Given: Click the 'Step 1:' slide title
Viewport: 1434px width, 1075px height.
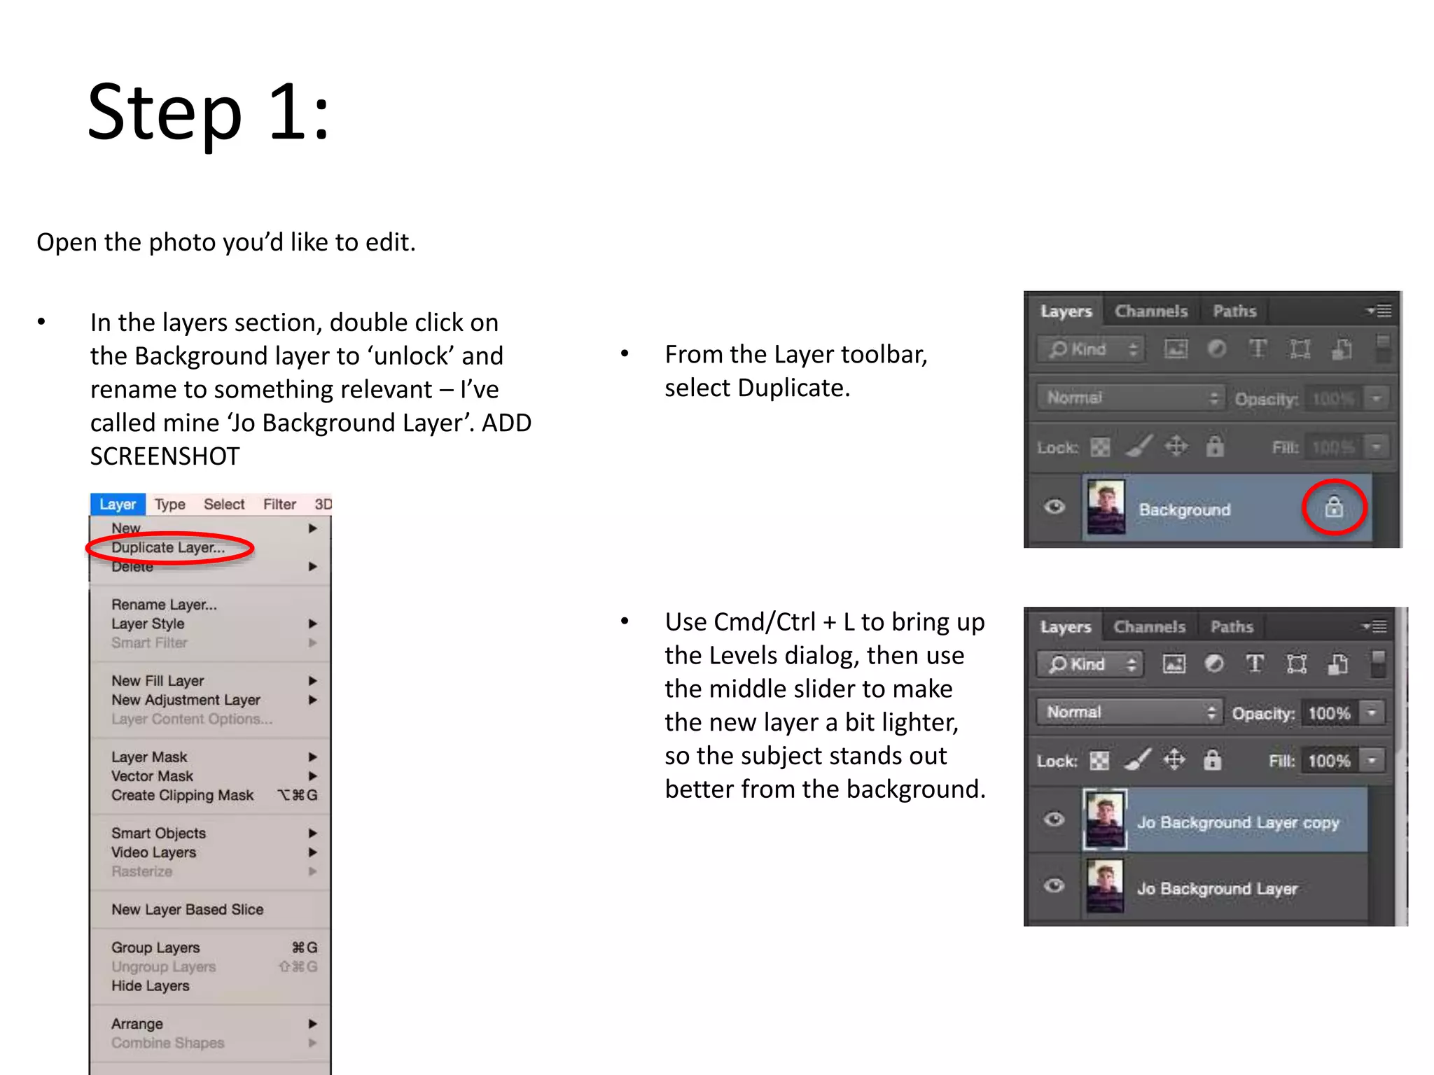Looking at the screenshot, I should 209,113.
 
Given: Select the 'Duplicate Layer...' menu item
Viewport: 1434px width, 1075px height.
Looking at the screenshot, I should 168,548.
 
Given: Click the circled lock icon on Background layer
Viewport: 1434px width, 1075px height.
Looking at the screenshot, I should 1334,507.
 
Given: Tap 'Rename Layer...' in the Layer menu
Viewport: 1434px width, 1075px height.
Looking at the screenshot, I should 164,605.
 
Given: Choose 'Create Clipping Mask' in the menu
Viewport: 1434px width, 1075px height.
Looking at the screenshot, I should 182,796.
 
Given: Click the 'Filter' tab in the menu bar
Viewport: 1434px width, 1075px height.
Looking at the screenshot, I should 279,505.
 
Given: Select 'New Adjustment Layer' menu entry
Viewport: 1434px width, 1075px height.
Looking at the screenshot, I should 186,700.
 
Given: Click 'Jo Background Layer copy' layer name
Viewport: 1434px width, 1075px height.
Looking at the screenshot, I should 1237,822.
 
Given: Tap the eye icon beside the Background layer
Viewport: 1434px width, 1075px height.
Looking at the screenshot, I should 1054,507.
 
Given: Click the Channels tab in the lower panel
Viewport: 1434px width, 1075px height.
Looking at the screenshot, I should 1149,627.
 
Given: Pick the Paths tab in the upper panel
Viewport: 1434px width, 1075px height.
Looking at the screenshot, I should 1234,311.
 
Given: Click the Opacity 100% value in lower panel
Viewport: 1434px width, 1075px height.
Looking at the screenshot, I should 1328,714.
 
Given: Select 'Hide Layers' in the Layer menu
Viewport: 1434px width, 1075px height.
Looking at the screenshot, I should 150,986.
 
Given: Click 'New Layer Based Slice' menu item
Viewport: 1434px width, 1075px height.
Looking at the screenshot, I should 187,910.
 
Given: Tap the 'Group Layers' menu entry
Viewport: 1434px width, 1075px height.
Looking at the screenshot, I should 155,948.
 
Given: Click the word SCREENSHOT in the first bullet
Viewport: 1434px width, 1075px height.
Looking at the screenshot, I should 165,456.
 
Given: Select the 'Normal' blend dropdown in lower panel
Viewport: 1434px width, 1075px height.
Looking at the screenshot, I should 1129,712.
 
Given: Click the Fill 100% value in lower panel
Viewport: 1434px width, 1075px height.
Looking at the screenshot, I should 1328,761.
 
